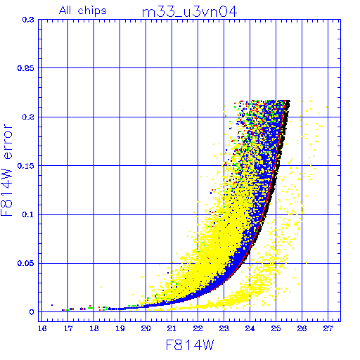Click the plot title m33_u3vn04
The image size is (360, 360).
click(189, 12)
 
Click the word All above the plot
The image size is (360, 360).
click(65, 11)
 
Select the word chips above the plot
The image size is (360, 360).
click(92, 11)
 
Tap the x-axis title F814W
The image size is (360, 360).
click(190, 345)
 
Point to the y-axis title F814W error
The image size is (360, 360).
click(6, 170)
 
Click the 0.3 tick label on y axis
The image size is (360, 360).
click(28, 20)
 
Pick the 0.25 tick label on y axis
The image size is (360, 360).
click(26, 68)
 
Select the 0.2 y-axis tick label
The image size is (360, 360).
click(28, 117)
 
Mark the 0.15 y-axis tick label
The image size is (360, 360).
click(26, 166)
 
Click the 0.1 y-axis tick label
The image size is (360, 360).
click(28, 214)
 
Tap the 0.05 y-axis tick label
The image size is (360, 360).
click(26, 263)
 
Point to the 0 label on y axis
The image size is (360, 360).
click(32, 312)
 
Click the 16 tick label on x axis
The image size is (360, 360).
click(42, 328)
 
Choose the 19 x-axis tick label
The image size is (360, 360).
click(120, 328)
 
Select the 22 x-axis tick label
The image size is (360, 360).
click(198, 328)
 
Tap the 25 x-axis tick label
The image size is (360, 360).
click(276, 328)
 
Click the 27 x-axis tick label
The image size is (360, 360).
click(328, 328)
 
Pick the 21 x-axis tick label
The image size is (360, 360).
click(172, 328)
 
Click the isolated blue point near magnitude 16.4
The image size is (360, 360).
click(52, 305)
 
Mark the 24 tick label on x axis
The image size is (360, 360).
click(250, 328)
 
